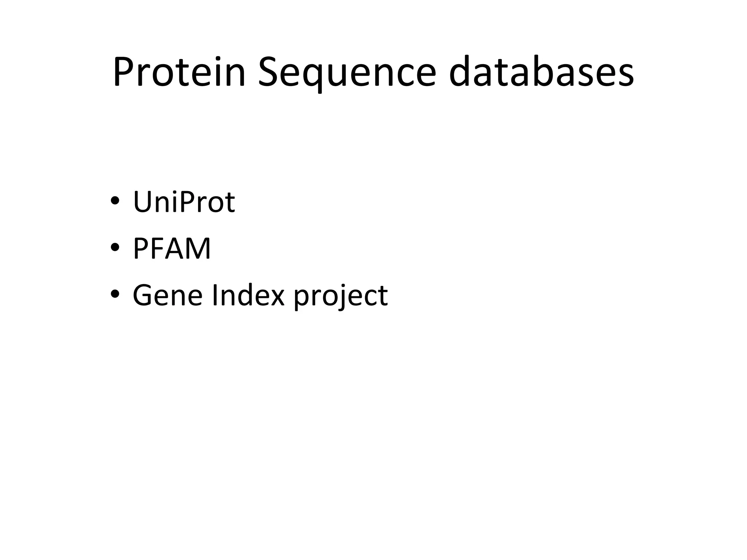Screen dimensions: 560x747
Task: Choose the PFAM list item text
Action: point(172,248)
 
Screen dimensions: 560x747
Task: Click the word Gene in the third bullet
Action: point(167,295)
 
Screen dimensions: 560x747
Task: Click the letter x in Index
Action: point(276,297)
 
